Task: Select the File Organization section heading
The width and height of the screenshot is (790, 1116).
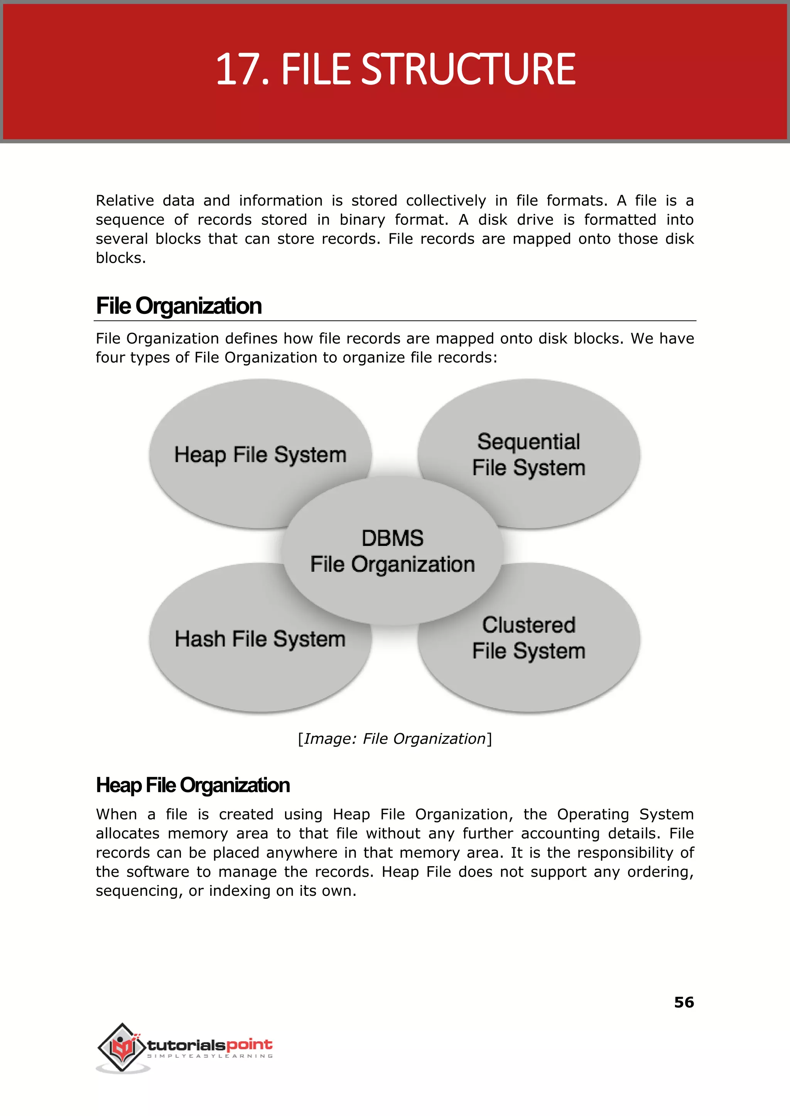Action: click(x=179, y=306)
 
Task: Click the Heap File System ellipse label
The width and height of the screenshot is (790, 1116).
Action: click(x=260, y=455)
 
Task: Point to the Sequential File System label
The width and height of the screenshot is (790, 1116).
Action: click(x=529, y=455)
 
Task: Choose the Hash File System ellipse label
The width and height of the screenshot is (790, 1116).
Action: click(x=260, y=639)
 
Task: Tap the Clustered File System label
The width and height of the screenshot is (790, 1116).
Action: click(x=529, y=638)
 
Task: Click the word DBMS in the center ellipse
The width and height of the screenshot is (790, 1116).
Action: click(x=393, y=538)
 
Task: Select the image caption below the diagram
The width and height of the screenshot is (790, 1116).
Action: click(x=395, y=738)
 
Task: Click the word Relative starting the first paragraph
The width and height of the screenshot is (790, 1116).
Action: click(x=125, y=201)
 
